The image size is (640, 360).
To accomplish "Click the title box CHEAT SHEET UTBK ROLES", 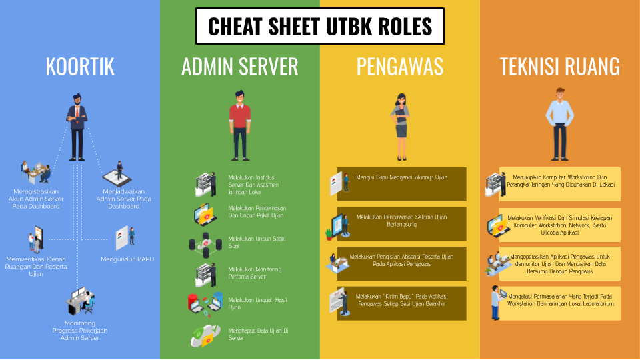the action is (x=319, y=26).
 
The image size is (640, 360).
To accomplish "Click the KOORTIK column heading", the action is (x=80, y=66).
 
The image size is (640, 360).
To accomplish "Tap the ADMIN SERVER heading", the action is (x=240, y=66).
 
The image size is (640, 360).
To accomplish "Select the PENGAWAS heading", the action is (x=400, y=66).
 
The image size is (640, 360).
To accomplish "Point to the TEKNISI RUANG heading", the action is (x=560, y=66).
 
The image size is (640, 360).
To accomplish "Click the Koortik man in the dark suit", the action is (x=77, y=127).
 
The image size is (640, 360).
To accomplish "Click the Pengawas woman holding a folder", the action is (x=401, y=127).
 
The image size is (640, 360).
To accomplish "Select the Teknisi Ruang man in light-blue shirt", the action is (x=560, y=124).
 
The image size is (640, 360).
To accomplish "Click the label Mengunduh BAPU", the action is (x=127, y=259).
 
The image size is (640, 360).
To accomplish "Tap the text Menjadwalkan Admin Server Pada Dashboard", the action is (x=124, y=199).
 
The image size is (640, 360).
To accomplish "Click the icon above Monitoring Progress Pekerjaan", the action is (x=80, y=301).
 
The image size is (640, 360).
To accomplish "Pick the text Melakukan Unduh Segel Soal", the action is (x=257, y=242).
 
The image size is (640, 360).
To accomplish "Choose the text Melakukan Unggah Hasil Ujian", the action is (x=258, y=303).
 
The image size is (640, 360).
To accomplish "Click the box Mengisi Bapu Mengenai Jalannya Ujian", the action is (x=401, y=184).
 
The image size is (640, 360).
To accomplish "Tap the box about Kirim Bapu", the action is (x=401, y=303).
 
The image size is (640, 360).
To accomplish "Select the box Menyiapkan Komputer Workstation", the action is (x=560, y=184).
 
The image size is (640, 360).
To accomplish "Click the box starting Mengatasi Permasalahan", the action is (x=560, y=303).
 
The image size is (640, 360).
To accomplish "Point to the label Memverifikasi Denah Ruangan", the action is (x=36, y=267).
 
